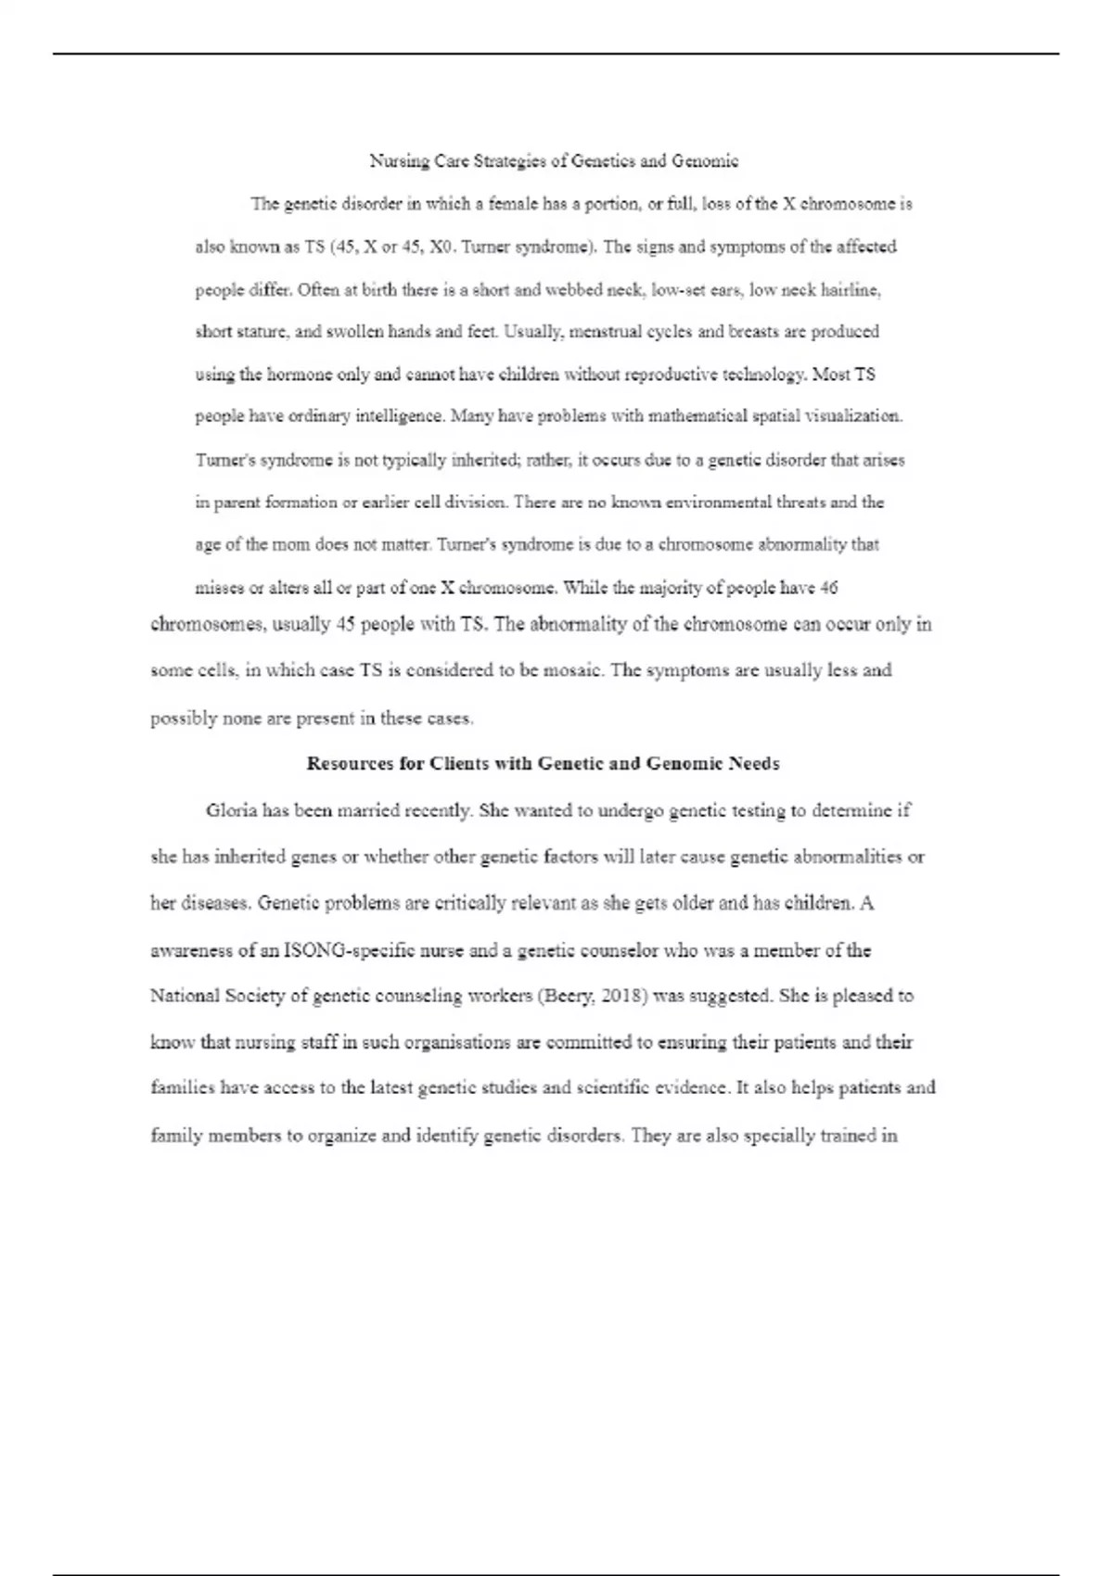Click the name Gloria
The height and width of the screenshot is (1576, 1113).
click(x=231, y=811)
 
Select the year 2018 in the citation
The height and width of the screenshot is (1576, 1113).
click(x=621, y=997)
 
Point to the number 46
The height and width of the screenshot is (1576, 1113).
click(x=829, y=588)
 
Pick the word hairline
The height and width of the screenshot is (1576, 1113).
click(x=849, y=290)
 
